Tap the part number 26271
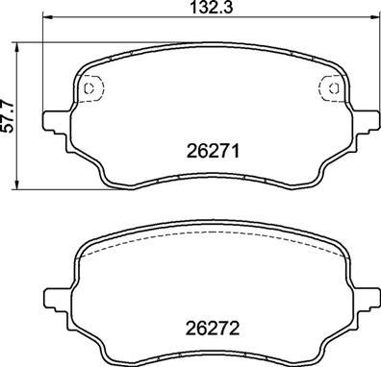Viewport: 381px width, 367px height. pyautogui.click(x=211, y=151)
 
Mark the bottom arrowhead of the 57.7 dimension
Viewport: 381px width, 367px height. pyautogui.click(x=23, y=185)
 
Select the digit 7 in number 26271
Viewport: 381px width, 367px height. pyautogui.click(x=224, y=151)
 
